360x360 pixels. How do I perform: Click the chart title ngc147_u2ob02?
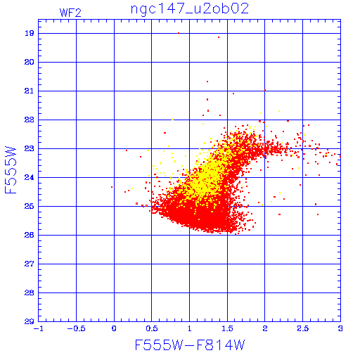click(x=190, y=9)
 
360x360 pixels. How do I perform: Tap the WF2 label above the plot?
click(x=70, y=13)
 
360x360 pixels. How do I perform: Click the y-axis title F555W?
click(x=11, y=170)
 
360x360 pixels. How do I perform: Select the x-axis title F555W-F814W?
click(x=190, y=345)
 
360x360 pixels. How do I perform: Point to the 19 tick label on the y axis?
click(x=29, y=33)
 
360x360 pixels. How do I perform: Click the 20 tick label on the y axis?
click(x=29, y=62)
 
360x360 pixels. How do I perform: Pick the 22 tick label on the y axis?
click(x=29, y=120)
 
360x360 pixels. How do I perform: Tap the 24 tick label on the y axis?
click(x=29, y=177)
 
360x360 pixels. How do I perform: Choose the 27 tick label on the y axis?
click(x=29, y=264)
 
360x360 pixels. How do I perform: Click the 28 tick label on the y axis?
click(x=29, y=292)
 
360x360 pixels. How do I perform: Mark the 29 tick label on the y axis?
click(x=29, y=321)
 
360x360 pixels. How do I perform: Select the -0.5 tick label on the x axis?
click(x=76, y=328)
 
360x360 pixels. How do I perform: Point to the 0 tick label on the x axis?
click(x=114, y=328)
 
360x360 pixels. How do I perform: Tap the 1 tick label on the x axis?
click(x=190, y=328)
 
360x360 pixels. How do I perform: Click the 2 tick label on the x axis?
click(x=265, y=328)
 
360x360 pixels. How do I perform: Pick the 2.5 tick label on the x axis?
click(x=303, y=328)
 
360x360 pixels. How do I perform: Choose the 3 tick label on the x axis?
click(x=340, y=328)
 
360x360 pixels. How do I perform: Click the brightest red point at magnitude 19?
click(x=179, y=33)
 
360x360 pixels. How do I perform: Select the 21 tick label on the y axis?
click(x=29, y=91)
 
